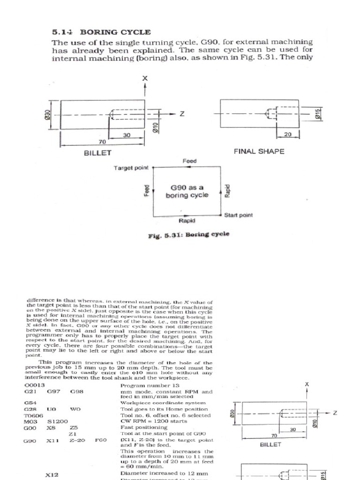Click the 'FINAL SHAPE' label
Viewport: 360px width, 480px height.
[x=259, y=151]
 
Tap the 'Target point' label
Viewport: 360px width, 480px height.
[x=131, y=167]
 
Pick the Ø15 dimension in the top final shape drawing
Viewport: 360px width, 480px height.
[x=318, y=114]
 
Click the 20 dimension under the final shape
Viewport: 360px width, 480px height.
[x=288, y=135]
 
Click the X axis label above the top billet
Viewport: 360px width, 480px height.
[x=145, y=79]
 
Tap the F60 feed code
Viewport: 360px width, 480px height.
[x=101, y=440]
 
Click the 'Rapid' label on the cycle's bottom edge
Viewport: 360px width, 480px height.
[x=187, y=220]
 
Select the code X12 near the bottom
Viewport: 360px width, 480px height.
[x=52, y=475]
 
